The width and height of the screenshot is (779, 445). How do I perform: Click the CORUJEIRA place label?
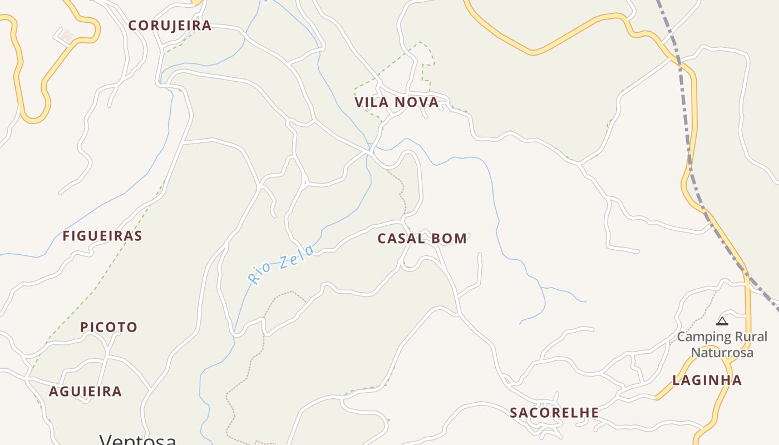click(x=170, y=26)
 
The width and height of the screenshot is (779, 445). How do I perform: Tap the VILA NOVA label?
click(x=397, y=102)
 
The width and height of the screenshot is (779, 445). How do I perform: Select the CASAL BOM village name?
click(x=422, y=239)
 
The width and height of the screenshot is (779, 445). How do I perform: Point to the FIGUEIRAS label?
click(x=102, y=236)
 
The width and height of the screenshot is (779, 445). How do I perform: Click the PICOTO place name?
click(x=109, y=327)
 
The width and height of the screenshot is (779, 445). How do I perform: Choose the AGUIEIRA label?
click(x=85, y=392)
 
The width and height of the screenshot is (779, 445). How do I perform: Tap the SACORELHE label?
click(x=554, y=413)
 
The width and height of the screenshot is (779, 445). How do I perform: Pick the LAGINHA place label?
click(x=707, y=380)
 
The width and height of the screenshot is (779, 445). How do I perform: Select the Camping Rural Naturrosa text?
click(x=722, y=344)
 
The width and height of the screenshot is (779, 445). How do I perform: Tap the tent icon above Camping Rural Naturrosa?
click(x=722, y=321)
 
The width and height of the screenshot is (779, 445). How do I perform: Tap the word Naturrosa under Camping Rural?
click(x=722, y=353)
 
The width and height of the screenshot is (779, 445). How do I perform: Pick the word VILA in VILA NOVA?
click(x=372, y=102)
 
